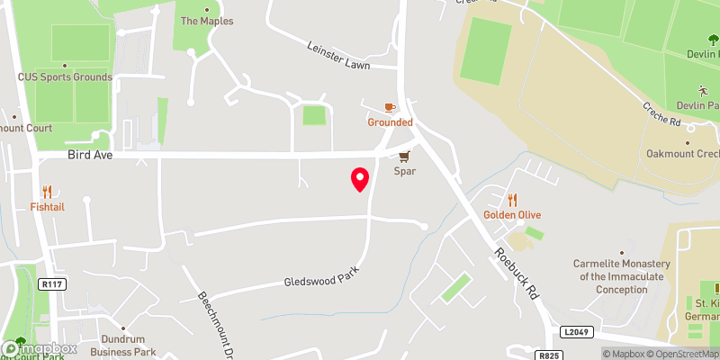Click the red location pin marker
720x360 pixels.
point(360,179)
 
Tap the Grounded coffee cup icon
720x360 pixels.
point(390,107)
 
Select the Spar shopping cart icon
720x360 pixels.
point(403,155)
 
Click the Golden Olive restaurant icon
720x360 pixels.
point(512,200)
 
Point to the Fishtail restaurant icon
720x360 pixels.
point(47,192)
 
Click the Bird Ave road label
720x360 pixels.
point(87,155)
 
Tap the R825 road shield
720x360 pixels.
point(550,355)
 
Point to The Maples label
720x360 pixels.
point(206,21)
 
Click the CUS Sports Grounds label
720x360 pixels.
point(65,77)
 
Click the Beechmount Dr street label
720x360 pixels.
point(217,324)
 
